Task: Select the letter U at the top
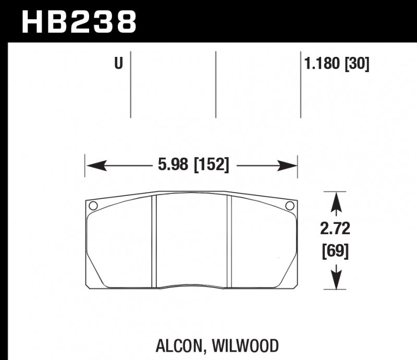119,65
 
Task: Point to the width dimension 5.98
175,165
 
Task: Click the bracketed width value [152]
211,165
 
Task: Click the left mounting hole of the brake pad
93,206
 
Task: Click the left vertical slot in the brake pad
154,240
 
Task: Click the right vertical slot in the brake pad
228,240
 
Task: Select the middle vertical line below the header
216,83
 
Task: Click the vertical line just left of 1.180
301,83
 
